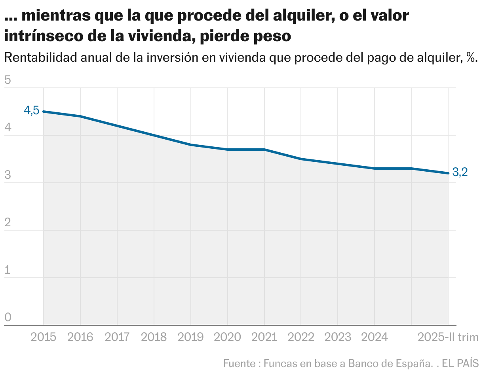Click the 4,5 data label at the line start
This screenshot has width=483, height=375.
32,111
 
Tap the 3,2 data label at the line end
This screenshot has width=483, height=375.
460,172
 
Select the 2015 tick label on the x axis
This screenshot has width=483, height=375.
44,337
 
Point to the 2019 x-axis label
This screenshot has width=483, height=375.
191,337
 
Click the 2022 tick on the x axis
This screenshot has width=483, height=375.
301,337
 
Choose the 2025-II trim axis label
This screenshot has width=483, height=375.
448,337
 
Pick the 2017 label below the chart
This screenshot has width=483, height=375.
117,337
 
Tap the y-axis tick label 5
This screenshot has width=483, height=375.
8,80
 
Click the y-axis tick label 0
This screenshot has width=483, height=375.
8,317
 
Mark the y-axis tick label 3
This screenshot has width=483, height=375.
8,175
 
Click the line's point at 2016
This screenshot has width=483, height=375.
80,116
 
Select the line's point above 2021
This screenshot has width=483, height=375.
264,150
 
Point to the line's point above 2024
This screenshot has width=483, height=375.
375,169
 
